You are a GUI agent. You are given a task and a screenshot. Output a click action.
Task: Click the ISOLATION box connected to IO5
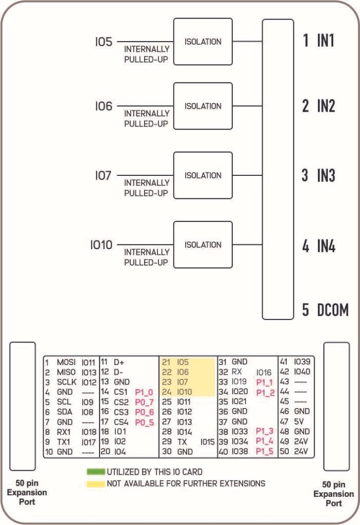203,42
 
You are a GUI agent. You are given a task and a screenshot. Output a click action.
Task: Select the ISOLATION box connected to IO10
203,245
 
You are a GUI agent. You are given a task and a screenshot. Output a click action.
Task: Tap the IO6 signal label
104,107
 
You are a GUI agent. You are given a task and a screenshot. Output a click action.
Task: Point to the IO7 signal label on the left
103,176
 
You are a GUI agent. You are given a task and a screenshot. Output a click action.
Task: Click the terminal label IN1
325,41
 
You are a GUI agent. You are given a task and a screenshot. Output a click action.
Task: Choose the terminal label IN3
326,176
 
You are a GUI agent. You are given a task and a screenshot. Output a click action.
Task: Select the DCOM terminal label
332,310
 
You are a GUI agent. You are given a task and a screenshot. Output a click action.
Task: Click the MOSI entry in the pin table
66,362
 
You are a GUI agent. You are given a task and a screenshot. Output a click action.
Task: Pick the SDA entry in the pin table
64,412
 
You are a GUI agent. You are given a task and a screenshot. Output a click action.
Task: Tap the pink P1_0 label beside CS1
144,392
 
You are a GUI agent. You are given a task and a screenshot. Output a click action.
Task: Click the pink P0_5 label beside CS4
144,422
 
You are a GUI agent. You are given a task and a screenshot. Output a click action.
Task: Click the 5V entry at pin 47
299,422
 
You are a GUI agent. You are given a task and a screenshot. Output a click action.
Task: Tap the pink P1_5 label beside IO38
265,452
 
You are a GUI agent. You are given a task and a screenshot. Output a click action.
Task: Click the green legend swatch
95,472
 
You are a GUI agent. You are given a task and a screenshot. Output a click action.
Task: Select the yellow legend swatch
95,483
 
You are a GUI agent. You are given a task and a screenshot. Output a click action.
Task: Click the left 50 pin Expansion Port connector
23,406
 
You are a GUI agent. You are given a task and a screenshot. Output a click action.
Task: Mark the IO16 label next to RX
264,372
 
